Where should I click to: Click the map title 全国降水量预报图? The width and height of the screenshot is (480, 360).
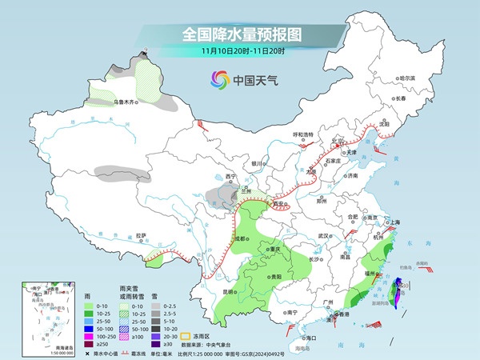239,35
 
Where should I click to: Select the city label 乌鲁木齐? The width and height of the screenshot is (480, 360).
126,102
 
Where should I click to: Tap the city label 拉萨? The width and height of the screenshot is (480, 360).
141,235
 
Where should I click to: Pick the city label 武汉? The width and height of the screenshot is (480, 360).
324,236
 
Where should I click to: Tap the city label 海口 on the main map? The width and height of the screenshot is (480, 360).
310,338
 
